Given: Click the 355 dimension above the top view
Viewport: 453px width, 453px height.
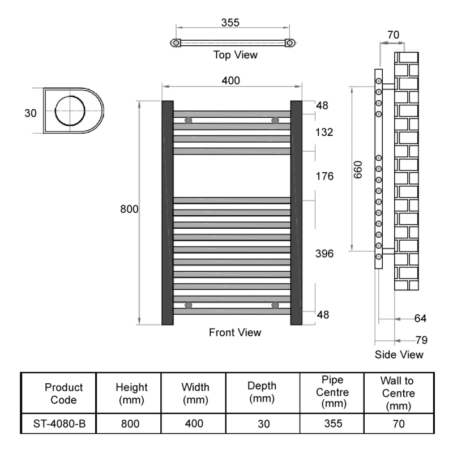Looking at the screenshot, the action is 230,23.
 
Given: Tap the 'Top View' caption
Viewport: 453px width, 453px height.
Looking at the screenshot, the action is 235,55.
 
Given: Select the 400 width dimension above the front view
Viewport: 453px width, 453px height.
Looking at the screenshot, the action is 231,80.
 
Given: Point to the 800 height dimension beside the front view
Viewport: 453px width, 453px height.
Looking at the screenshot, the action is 129,209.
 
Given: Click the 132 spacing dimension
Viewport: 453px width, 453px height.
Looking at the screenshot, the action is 324,133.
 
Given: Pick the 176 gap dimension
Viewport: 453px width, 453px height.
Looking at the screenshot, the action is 324,176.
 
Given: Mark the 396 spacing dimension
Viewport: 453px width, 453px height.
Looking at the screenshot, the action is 324,254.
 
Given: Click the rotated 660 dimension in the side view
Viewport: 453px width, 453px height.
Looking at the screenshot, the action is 358,170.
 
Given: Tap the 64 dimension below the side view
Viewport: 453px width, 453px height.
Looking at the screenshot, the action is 420,318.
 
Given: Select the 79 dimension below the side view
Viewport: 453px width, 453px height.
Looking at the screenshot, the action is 421,340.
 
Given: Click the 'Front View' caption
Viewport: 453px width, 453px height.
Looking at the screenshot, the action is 235,332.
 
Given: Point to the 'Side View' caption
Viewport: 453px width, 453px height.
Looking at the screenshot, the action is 399,354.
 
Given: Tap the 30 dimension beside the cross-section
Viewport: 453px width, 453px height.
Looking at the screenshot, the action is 31,113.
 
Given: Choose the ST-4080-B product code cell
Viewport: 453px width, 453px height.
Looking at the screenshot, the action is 59,424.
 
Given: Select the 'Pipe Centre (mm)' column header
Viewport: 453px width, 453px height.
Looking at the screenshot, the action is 332,392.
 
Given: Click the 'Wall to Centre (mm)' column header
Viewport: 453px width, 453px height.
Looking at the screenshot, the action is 398,393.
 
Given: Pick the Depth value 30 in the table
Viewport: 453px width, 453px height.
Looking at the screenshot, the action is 263,424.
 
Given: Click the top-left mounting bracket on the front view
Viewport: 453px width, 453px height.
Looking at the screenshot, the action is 188,120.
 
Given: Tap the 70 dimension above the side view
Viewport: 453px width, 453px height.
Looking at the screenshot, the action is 393,35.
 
